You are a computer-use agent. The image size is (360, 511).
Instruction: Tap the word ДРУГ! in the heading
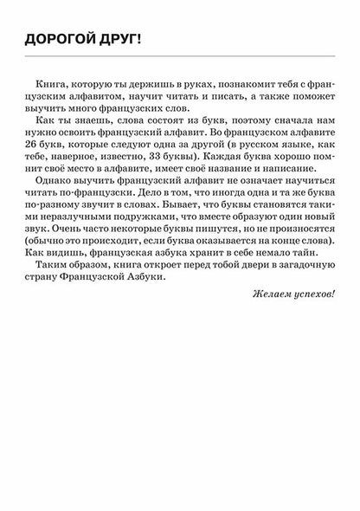coord(119,39)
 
